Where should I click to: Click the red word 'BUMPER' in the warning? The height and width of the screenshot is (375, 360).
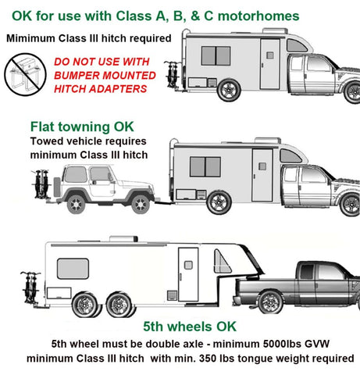point(101,77)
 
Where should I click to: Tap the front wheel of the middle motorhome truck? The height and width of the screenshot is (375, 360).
point(348,202)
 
